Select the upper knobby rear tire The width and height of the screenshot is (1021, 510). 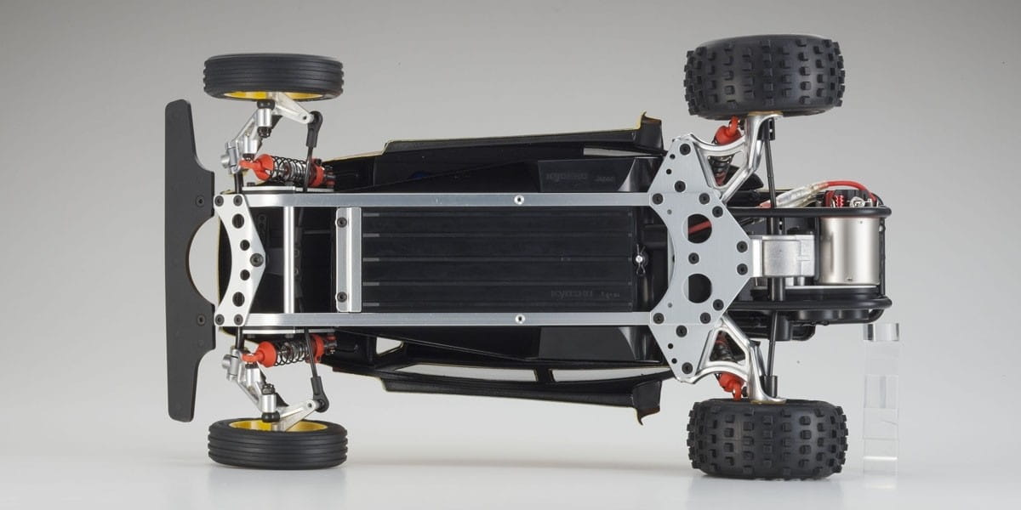tap(764, 75)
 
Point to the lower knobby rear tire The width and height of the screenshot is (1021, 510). tap(767, 438)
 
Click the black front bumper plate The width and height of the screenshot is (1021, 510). tap(181, 259)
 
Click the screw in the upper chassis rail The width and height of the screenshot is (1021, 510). tap(518, 200)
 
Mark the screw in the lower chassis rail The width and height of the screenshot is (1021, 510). tap(518, 320)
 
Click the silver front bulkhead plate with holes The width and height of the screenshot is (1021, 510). tap(240, 259)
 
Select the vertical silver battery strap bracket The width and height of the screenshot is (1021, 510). tap(347, 259)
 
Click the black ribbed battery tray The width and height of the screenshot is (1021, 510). tap(498, 259)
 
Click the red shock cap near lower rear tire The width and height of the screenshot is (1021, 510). tap(730, 385)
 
